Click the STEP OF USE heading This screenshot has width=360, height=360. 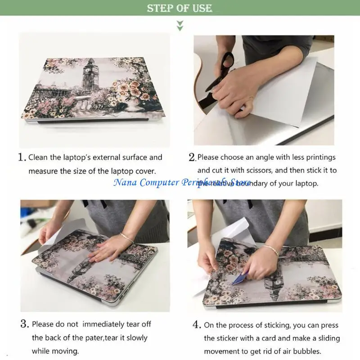[x=180, y=8]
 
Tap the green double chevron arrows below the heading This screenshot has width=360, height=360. [x=180, y=25]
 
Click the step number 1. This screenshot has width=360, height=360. [x=22, y=157]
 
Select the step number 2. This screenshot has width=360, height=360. [x=192, y=157]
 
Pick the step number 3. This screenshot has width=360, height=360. [x=24, y=324]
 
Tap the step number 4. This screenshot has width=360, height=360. [x=197, y=325]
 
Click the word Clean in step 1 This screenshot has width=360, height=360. [x=38, y=157]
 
